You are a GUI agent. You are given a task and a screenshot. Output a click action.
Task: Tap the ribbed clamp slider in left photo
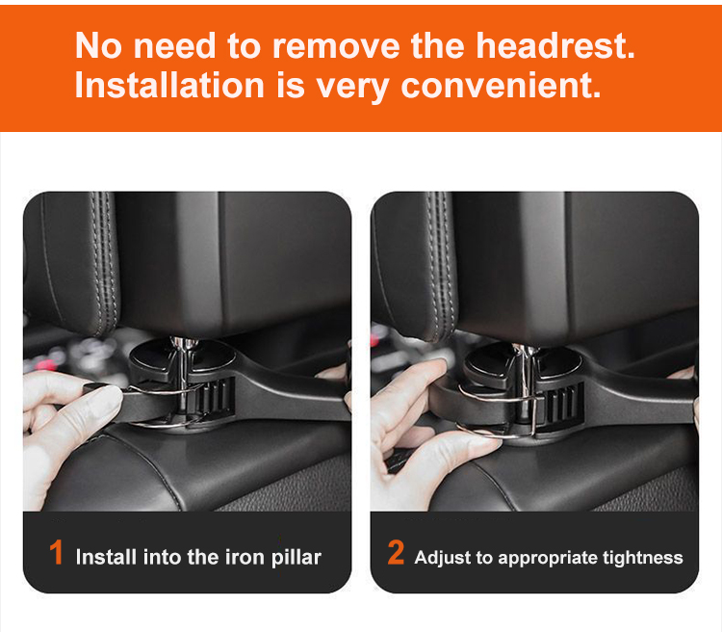pos(221,397)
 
